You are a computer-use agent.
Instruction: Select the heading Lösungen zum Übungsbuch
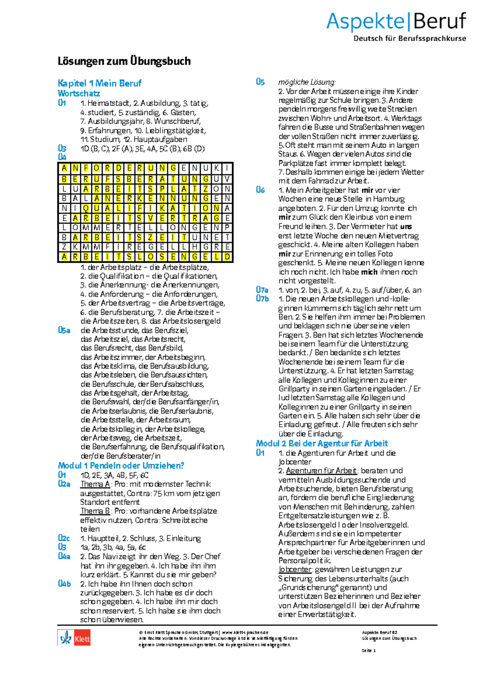coord(124,61)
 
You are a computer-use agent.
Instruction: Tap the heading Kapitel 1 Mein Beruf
coord(99,83)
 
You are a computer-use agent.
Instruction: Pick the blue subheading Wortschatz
coord(78,93)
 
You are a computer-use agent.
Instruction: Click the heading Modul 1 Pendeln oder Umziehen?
coord(121,466)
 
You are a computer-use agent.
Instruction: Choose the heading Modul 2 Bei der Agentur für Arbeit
coord(322,443)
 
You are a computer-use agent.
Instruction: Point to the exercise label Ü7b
coord(262,299)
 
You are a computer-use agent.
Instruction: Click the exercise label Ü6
coord(260,190)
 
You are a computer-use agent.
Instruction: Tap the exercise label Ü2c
coord(64,538)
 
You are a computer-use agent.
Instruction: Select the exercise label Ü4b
coord(64,584)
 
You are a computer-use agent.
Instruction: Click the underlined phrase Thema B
coord(95,511)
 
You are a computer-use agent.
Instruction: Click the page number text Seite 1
coord(368,650)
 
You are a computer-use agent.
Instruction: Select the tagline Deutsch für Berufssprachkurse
coord(409,39)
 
